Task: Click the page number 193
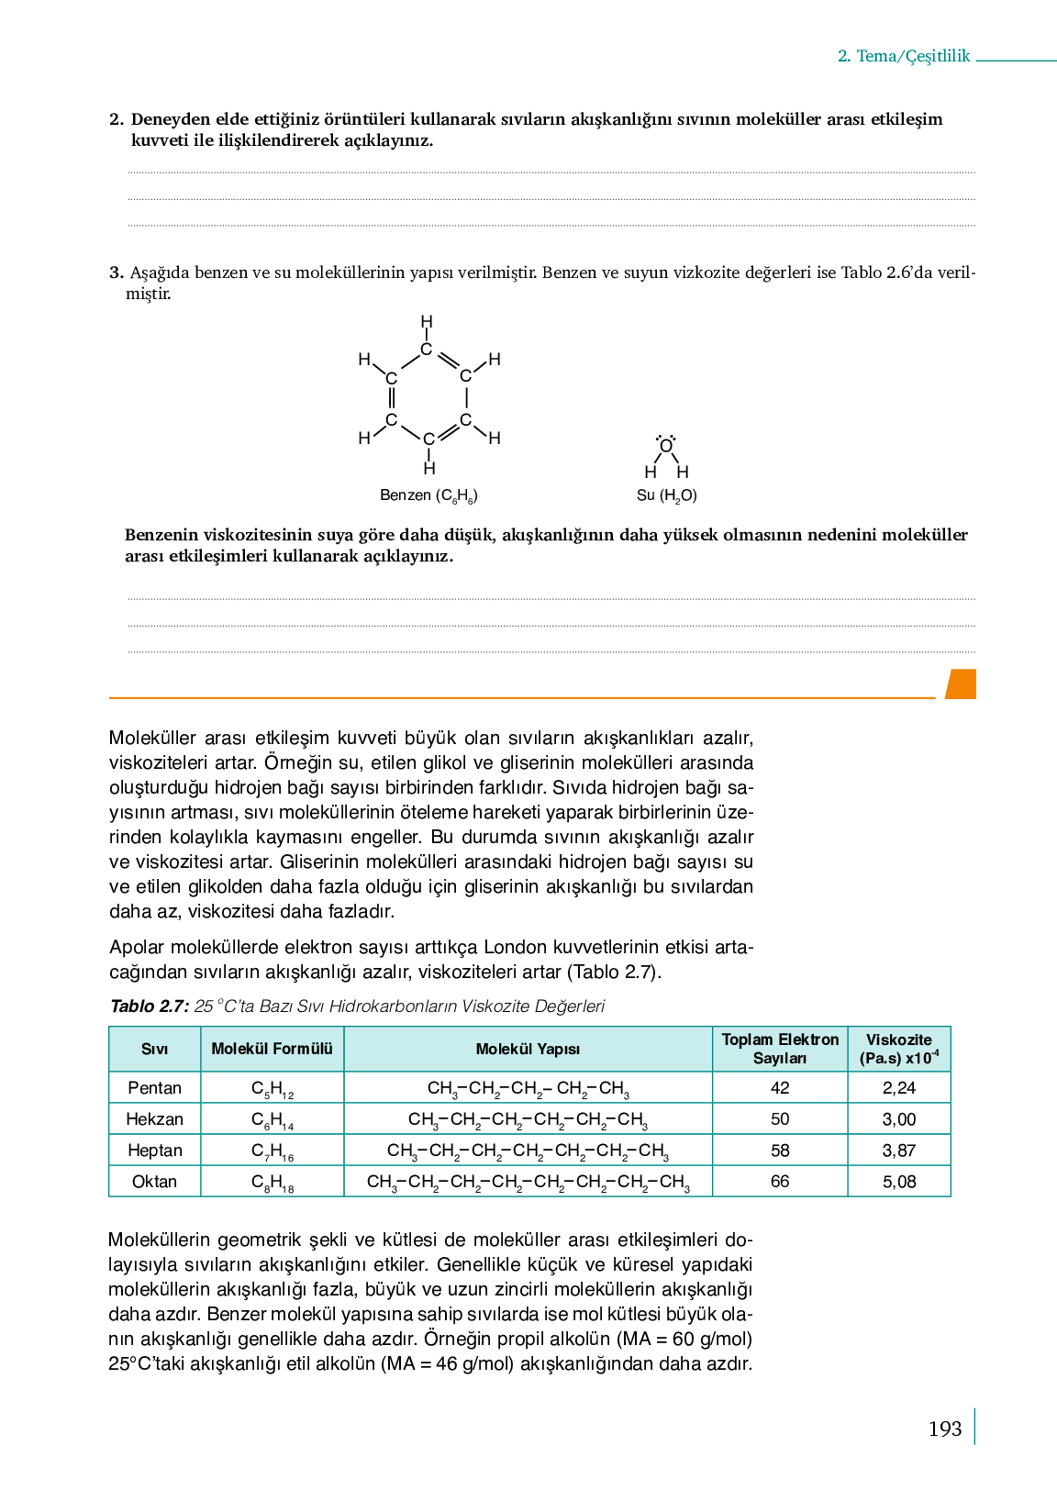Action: [x=944, y=1429]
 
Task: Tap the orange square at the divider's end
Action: [x=961, y=684]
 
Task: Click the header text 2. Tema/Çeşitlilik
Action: [x=904, y=56]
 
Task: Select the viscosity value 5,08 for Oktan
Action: [x=899, y=1182]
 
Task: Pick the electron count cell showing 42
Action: [x=780, y=1088]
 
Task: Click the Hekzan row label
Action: [x=154, y=1119]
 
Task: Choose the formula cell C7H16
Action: [x=272, y=1151]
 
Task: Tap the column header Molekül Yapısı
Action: [x=528, y=1049]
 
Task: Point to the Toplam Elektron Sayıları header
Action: [x=780, y=1049]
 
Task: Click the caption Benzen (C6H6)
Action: [x=428, y=495]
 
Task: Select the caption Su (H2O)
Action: [x=667, y=495]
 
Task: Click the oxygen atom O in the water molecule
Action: [x=666, y=447]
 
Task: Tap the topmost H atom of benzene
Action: [x=427, y=322]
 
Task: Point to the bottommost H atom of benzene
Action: [x=429, y=469]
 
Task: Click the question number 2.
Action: [x=116, y=119]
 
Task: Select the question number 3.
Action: [x=116, y=272]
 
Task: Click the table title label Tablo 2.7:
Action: [x=150, y=1006]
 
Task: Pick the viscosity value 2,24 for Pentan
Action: [x=899, y=1088]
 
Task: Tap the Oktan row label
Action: [x=154, y=1182]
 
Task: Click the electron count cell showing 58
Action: [x=780, y=1151]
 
